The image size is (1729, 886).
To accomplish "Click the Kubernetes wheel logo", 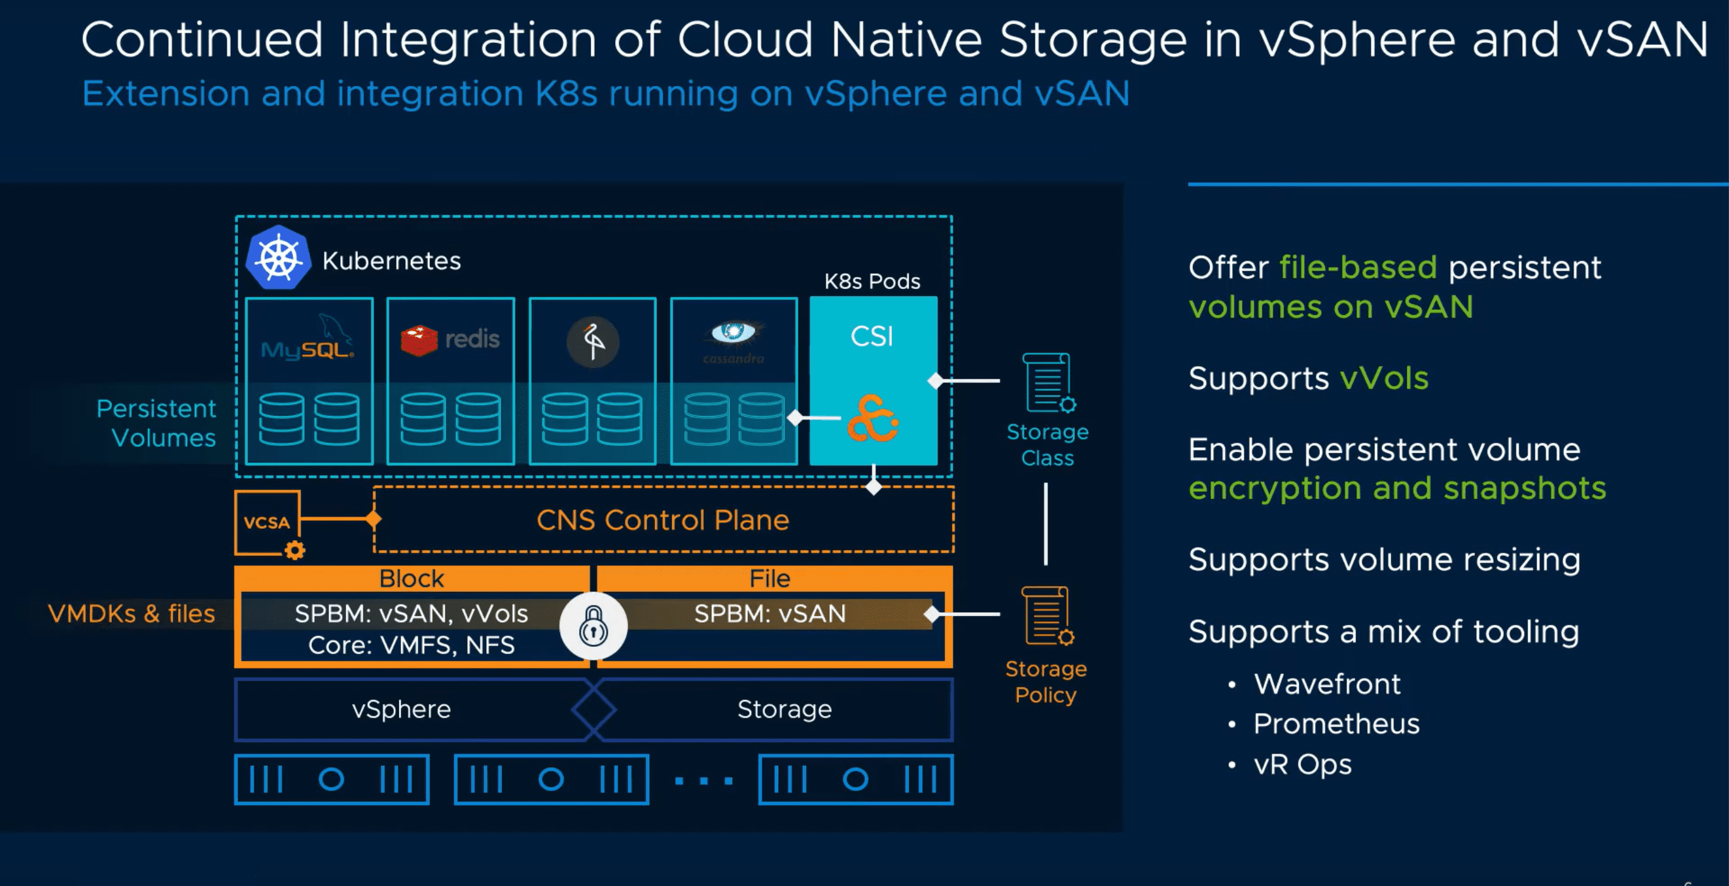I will pyautogui.click(x=279, y=259).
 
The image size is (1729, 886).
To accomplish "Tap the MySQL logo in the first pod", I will pyautogui.click(x=308, y=342).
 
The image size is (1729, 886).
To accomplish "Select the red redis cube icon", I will pyautogui.click(x=419, y=340).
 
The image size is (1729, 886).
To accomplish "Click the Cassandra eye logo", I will pyautogui.click(x=733, y=333).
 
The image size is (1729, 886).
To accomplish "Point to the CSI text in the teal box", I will pyautogui.click(x=872, y=336).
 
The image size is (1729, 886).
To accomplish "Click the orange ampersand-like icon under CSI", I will pyautogui.click(x=872, y=419).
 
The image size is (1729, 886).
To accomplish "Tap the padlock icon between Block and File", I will pyautogui.click(x=594, y=625).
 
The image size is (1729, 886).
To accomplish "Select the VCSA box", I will pyautogui.click(x=268, y=523).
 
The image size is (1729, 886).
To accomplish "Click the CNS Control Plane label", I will pyautogui.click(x=663, y=520).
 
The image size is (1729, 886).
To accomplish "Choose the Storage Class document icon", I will pyautogui.click(x=1047, y=383).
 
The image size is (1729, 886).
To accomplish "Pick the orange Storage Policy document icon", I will pyautogui.click(x=1046, y=616).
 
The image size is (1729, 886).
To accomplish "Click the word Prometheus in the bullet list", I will pyautogui.click(x=1336, y=724).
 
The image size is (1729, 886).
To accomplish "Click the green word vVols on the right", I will pyautogui.click(x=1384, y=379).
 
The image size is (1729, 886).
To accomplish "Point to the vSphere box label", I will pyautogui.click(x=401, y=710).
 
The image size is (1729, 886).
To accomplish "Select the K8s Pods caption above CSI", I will pyautogui.click(x=872, y=281).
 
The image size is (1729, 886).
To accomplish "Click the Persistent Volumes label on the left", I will pyautogui.click(x=156, y=423).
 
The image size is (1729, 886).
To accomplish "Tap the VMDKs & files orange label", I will pyautogui.click(x=131, y=613).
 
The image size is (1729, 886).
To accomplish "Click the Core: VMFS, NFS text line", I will pyautogui.click(x=412, y=645).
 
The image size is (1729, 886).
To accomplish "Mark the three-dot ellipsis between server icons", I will pyautogui.click(x=704, y=780).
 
